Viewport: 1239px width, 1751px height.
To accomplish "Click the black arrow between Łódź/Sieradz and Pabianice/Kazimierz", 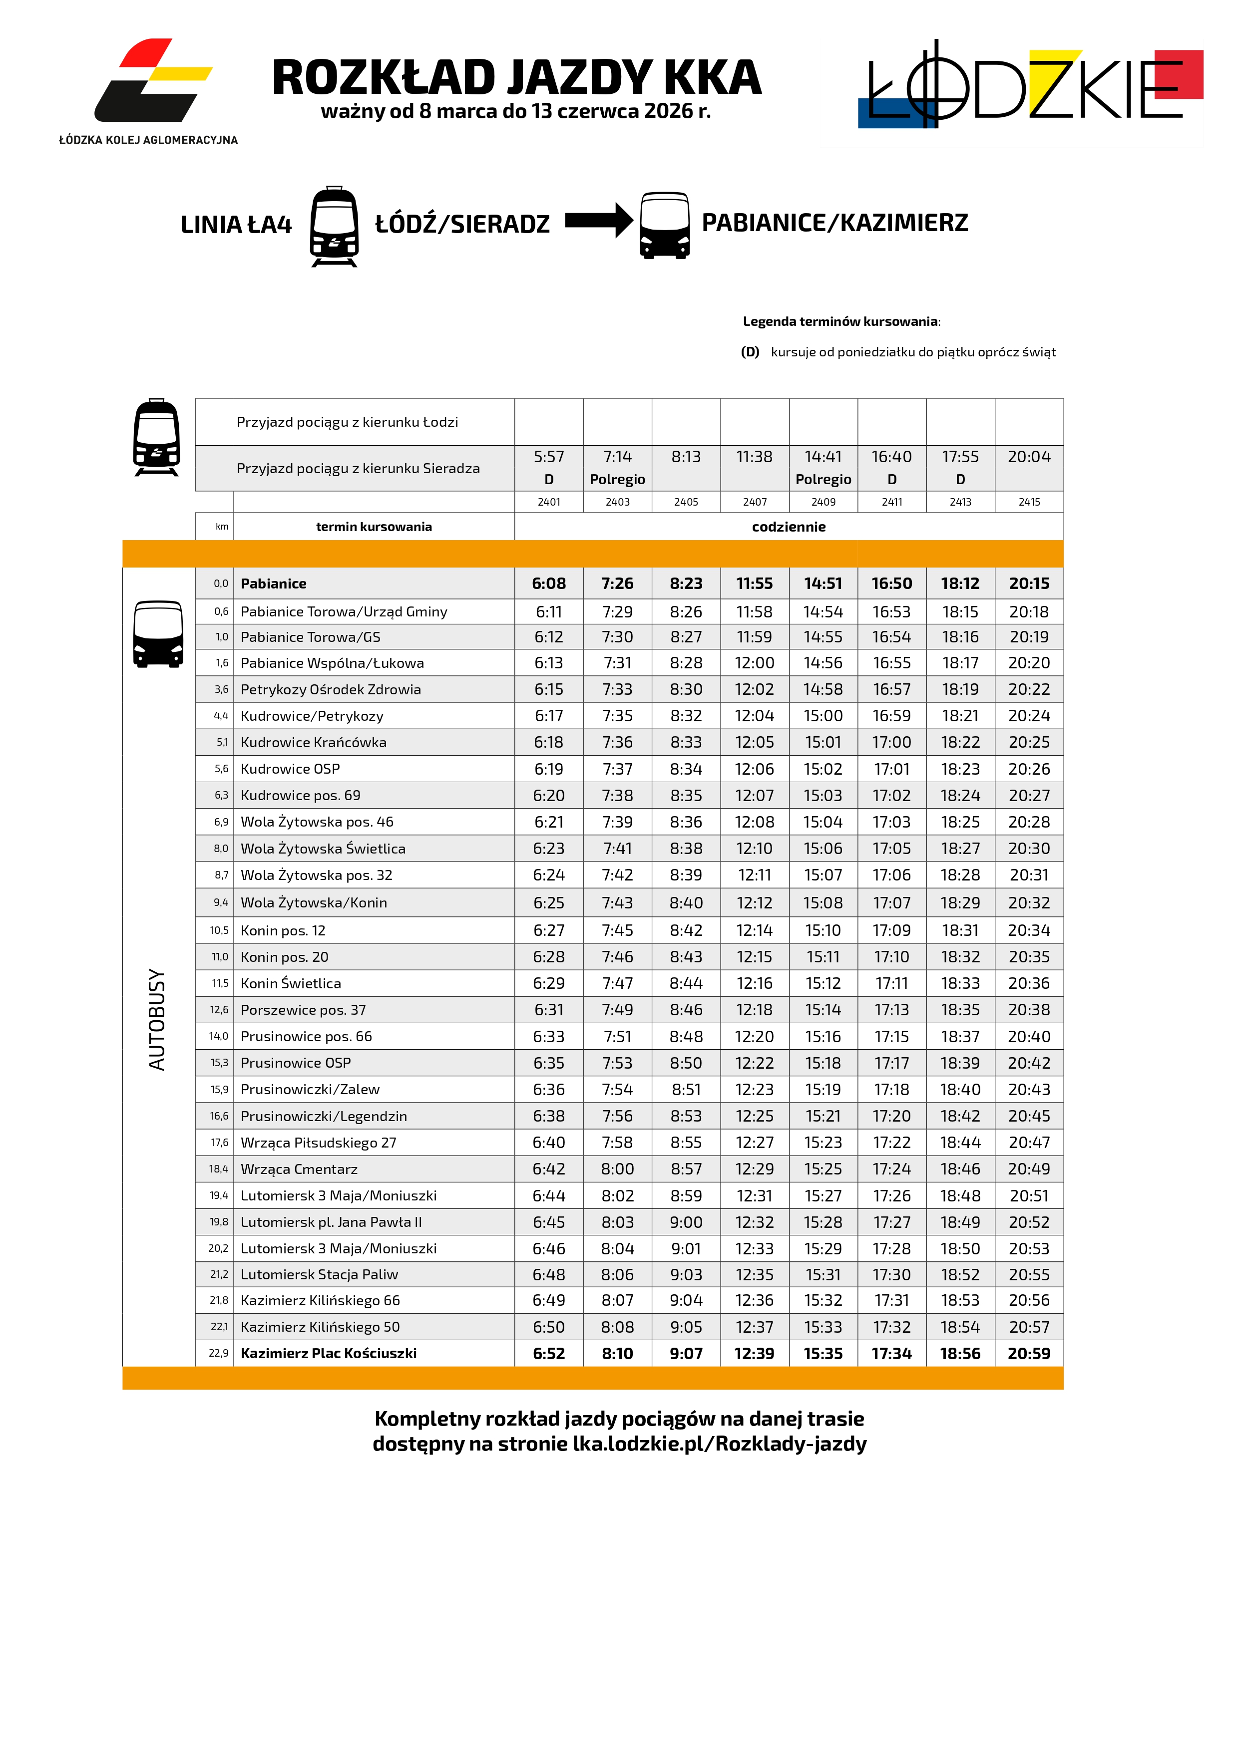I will pyautogui.click(x=598, y=221).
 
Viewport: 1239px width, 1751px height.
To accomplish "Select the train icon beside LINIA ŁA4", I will pyautogui.click(x=334, y=226).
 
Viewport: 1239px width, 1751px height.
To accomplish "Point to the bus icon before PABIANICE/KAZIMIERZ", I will pyautogui.click(x=665, y=225).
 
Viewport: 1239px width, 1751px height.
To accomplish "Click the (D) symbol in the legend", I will pyautogui.click(x=750, y=351).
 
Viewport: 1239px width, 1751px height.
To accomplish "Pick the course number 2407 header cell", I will pyautogui.click(x=755, y=502).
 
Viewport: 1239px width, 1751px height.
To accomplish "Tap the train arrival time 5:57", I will pyautogui.click(x=548, y=457).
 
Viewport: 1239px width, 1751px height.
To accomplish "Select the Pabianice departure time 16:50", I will pyautogui.click(x=891, y=584).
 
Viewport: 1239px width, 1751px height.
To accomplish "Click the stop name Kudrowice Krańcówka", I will pyautogui.click(x=314, y=742).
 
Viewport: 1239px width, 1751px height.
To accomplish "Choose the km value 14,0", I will pyautogui.click(x=219, y=1036).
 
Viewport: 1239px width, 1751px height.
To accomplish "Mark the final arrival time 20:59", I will pyautogui.click(x=1028, y=1353).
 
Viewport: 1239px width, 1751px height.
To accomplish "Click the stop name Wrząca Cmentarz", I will pyautogui.click(x=299, y=1168).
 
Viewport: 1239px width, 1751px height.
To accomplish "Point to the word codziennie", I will pyautogui.click(x=788, y=526).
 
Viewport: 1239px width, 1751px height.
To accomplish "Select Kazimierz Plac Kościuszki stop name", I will pyautogui.click(x=328, y=1353).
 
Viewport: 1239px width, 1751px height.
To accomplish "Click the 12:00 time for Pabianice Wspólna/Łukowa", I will pyautogui.click(x=754, y=663).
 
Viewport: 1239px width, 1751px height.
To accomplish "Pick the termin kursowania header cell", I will pyautogui.click(x=374, y=526).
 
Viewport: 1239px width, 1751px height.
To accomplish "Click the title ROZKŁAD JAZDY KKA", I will pyautogui.click(x=516, y=78).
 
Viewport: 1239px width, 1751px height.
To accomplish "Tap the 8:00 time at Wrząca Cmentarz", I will pyautogui.click(x=617, y=1168).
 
